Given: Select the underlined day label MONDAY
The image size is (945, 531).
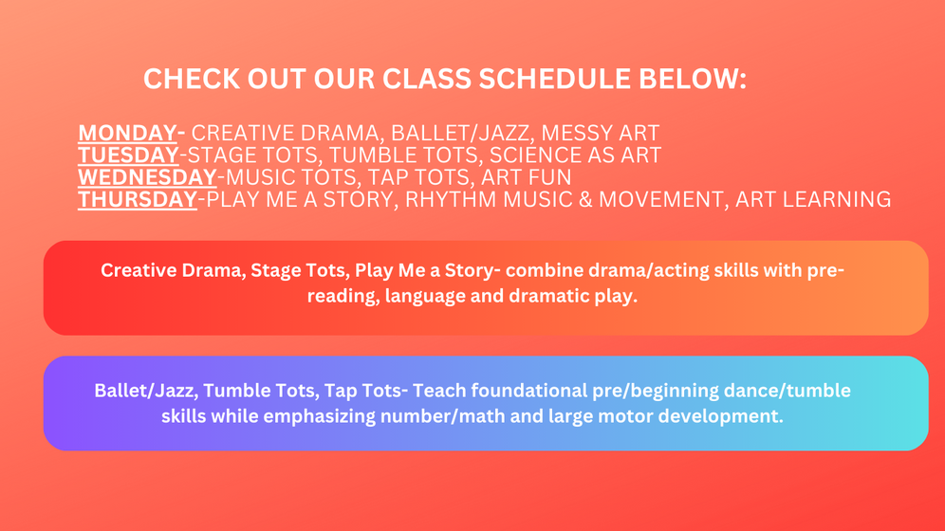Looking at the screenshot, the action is pos(127,133).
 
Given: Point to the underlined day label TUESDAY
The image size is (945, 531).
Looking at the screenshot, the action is pos(128,155).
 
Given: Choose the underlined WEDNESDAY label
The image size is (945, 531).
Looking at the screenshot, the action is pos(147,177).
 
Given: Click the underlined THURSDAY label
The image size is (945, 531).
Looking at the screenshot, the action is pos(138,199).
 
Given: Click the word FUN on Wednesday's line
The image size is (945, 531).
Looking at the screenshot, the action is pos(549,177).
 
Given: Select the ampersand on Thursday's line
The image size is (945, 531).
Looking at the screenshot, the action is pos(585,199).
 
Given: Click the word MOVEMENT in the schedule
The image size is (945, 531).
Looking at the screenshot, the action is pos(660,199).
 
